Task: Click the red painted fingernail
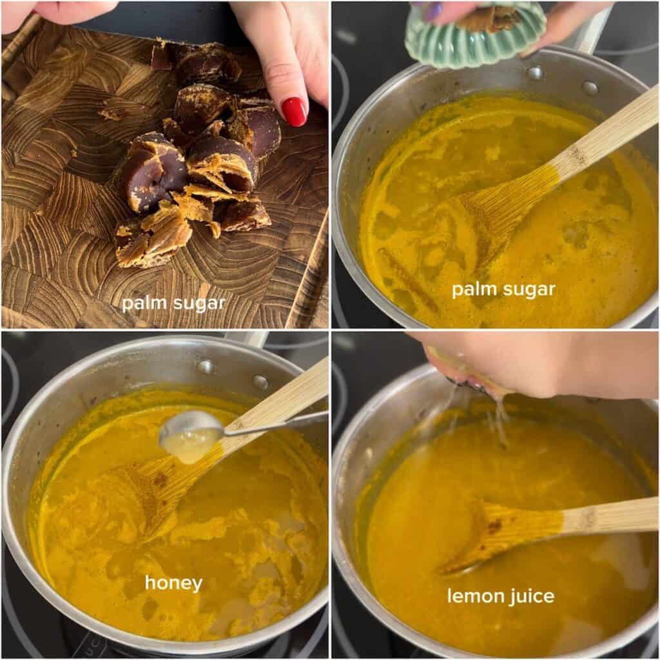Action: (294, 111)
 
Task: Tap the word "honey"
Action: (174, 583)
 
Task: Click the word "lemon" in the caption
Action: (474, 596)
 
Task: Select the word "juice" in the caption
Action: (529, 597)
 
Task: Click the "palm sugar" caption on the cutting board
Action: (174, 304)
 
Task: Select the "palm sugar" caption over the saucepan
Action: (503, 289)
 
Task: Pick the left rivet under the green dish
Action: (535, 73)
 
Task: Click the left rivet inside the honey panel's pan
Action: (206, 367)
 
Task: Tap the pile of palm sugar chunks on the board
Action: (198, 164)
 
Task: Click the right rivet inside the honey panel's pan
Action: (260, 383)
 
